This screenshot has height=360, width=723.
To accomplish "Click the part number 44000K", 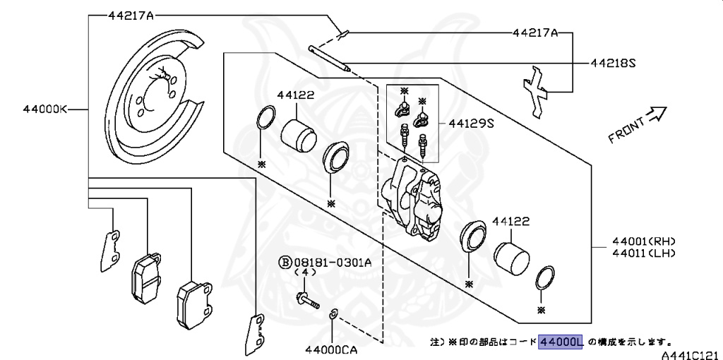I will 44,109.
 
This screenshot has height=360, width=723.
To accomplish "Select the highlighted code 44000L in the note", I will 561,342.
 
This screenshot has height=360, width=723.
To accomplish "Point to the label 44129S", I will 471,123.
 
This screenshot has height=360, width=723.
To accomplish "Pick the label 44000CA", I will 331,349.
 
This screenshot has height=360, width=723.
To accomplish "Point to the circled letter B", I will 285,262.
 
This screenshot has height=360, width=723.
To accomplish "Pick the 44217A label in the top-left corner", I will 131,15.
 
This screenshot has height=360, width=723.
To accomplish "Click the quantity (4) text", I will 305,272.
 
